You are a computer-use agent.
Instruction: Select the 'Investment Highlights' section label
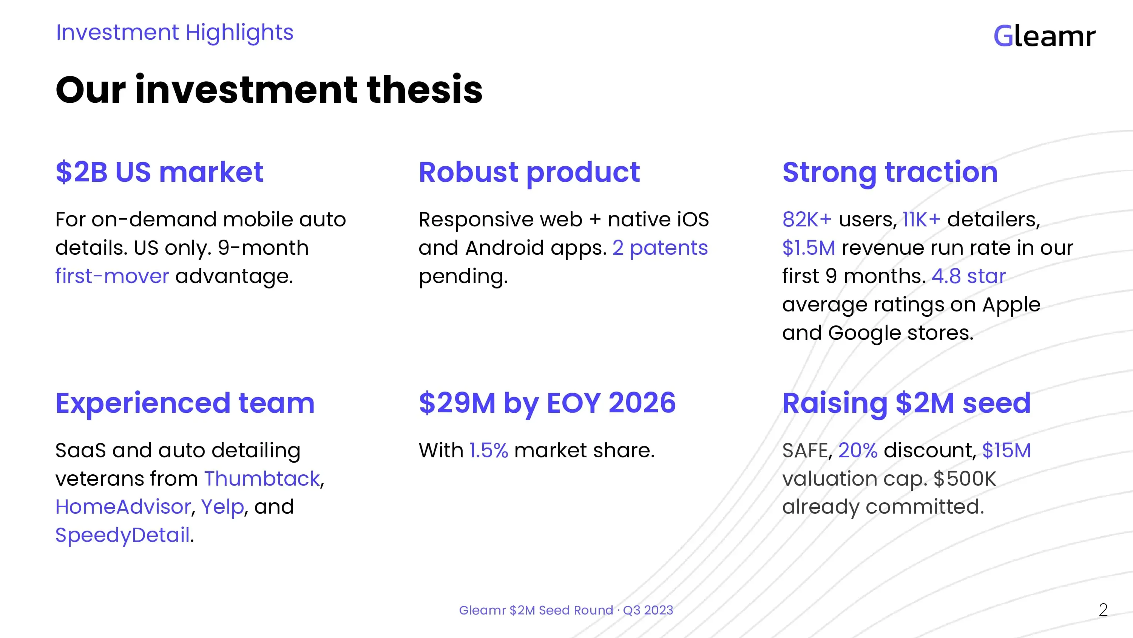174,33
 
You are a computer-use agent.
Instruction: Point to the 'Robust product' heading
529,173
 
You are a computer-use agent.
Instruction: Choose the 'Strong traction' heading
890,173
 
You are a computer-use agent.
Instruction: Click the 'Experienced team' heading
185,404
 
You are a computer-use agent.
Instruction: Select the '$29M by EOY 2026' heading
547,404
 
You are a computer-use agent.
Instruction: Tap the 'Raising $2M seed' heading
906,404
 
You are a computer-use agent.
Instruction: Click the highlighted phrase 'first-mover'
112,276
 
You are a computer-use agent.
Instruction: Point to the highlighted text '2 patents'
660,248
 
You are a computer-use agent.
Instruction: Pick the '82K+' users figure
807,219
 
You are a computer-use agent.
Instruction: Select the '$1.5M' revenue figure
809,248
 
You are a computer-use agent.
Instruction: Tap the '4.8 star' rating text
968,276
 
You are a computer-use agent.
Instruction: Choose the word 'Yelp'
222,507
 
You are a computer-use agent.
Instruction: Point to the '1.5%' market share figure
489,451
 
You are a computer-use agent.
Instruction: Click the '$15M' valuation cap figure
1006,451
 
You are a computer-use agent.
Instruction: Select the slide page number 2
1103,610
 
